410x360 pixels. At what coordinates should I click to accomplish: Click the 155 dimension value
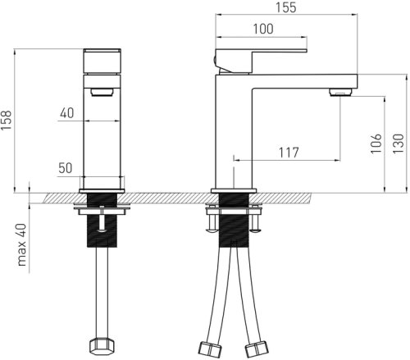(285, 7)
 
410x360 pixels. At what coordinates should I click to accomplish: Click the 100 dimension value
(263, 29)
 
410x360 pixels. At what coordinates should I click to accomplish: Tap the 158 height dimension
(7, 121)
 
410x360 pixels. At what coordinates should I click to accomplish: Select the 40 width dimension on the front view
(67, 113)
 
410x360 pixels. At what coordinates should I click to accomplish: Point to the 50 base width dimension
(66, 168)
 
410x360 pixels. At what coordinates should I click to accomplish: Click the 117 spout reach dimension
(289, 153)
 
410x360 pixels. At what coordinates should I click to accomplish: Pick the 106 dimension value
(376, 144)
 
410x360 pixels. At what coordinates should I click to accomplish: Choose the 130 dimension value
(399, 144)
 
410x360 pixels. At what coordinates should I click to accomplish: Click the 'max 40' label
(21, 244)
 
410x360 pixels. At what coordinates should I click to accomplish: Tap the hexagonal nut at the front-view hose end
(102, 346)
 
